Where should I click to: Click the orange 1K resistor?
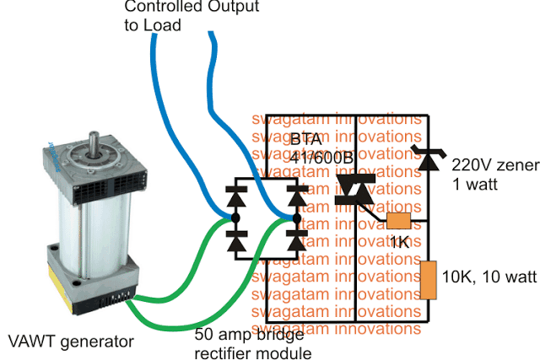(398, 222)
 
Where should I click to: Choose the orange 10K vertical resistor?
(429, 280)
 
